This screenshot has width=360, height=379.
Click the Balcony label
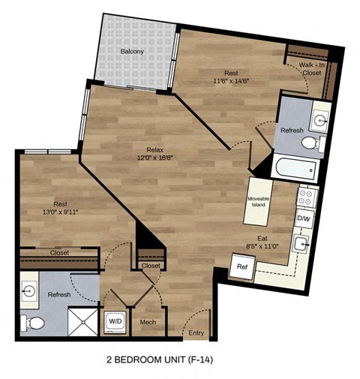point(132,52)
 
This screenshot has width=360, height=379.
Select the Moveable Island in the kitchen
point(259,200)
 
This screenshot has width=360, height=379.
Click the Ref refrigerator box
point(242,266)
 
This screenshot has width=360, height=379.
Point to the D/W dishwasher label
point(304,219)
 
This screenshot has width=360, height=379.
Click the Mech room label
point(148,323)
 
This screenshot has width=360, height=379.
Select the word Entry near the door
point(196,332)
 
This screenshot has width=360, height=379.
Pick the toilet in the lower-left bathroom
point(33,322)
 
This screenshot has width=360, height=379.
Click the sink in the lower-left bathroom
point(31,290)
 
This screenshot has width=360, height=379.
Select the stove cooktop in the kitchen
point(306,197)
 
